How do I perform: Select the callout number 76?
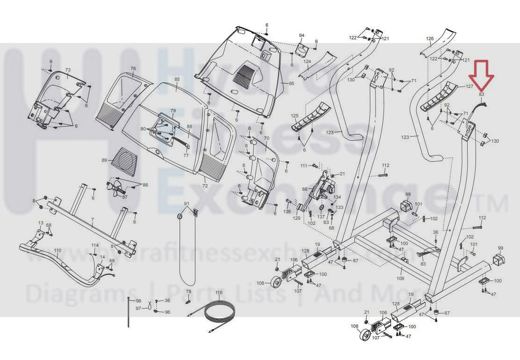pyautogui.click(x=133, y=69)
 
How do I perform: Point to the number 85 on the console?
pyautogui.click(x=177, y=80)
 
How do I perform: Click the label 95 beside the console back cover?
pyautogui.click(x=291, y=83)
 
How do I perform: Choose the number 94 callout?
pyautogui.click(x=301, y=36)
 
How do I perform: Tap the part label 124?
pyautogui.click(x=307, y=61)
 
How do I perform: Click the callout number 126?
pyautogui.click(x=430, y=38)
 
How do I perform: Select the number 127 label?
pyautogui.click(x=469, y=87)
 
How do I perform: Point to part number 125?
pyautogui.click(x=294, y=115)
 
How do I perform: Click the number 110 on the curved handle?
pyautogui.click(x=58, y=250)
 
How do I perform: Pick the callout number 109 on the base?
pyautogui.click(x=400, y=279)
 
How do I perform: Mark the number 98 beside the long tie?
pyautogui.click(x=138, y=300)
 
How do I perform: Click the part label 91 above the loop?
pyautogui.click(x=186, y=204)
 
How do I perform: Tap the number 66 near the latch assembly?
pyautogui.click(x=305, y=189)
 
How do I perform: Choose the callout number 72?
pyautogui.click(x=205, y=186)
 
